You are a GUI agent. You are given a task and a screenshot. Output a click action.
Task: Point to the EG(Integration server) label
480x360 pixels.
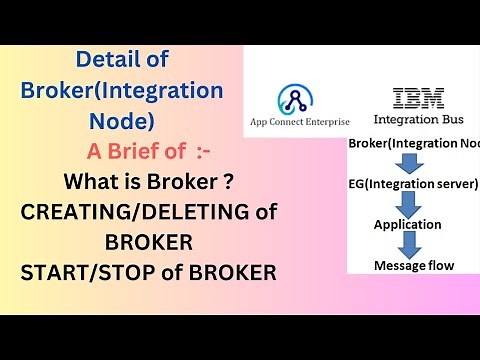point(413,185)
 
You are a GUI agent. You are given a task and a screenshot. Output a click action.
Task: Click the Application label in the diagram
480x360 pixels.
point(408,225)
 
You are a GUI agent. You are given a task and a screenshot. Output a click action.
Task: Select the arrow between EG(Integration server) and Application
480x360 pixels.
point(408,205)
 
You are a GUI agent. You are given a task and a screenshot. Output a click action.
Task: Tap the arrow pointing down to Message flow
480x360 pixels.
point(408,245)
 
